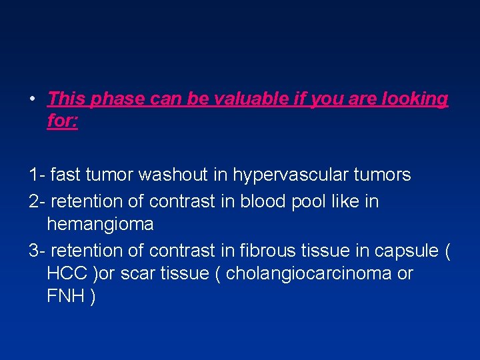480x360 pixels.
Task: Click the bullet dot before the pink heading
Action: tap(32, 100)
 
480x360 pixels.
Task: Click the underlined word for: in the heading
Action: tap(63, 122)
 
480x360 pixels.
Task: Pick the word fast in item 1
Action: tap(65, 175)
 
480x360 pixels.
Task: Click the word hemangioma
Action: tap(100, 224)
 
